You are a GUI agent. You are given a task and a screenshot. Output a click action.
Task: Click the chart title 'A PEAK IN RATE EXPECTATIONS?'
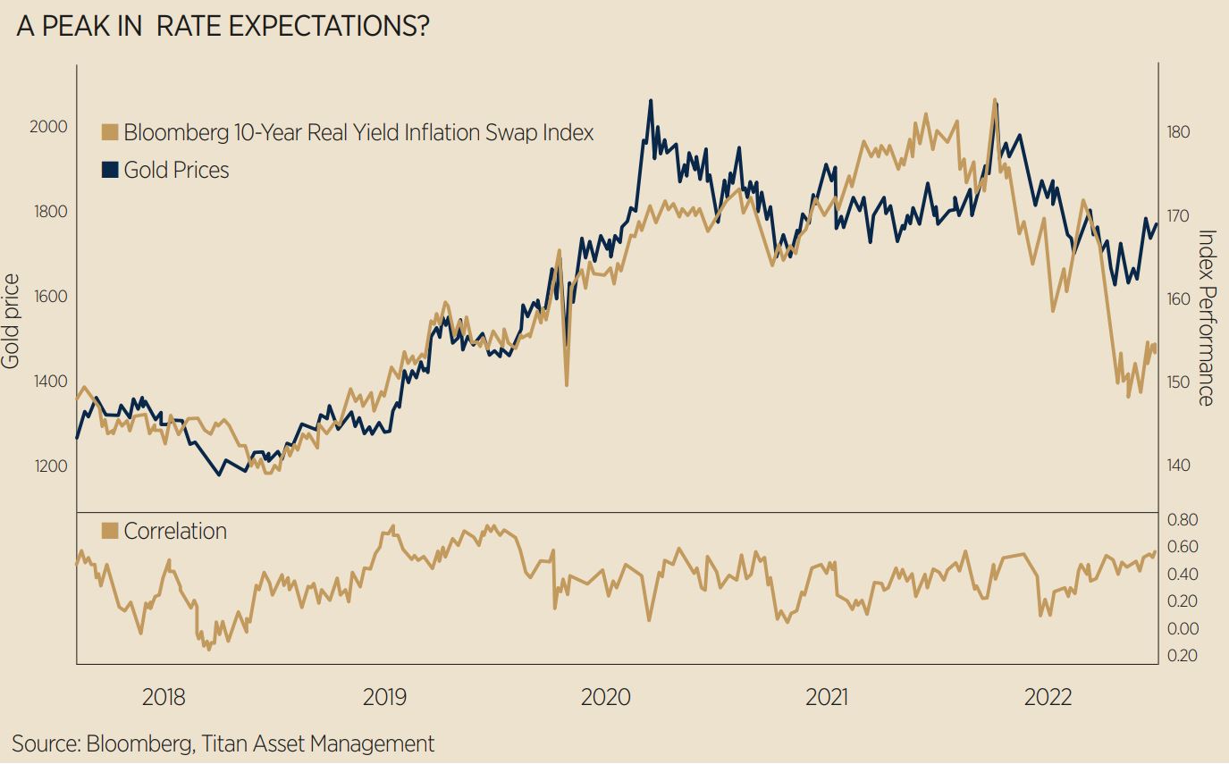[x=223, y=28]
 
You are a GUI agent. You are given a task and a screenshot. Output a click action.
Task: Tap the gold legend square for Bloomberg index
[x=111, y=133]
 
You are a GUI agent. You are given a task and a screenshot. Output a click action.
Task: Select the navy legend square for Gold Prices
[x=111, y=170]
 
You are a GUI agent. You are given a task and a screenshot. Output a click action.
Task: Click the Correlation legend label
[x=175, y=531]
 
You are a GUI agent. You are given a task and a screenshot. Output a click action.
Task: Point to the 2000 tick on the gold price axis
[x=48, y=127]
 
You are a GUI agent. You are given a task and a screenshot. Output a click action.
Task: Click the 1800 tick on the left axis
[x=48, y=212]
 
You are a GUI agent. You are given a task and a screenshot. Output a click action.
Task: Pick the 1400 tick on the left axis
[x=48, y=382]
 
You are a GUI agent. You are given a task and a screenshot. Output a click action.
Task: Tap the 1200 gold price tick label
[x=48, y=466]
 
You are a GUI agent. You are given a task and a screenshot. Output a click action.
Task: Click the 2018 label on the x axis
[x=164, y=697]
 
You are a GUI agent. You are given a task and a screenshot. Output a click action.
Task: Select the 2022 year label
[x=1047, y=697]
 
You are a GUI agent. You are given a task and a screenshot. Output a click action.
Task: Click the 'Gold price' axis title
[x=11, y=322]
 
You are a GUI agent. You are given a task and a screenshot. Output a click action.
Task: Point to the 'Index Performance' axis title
[x=1207, y=318]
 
